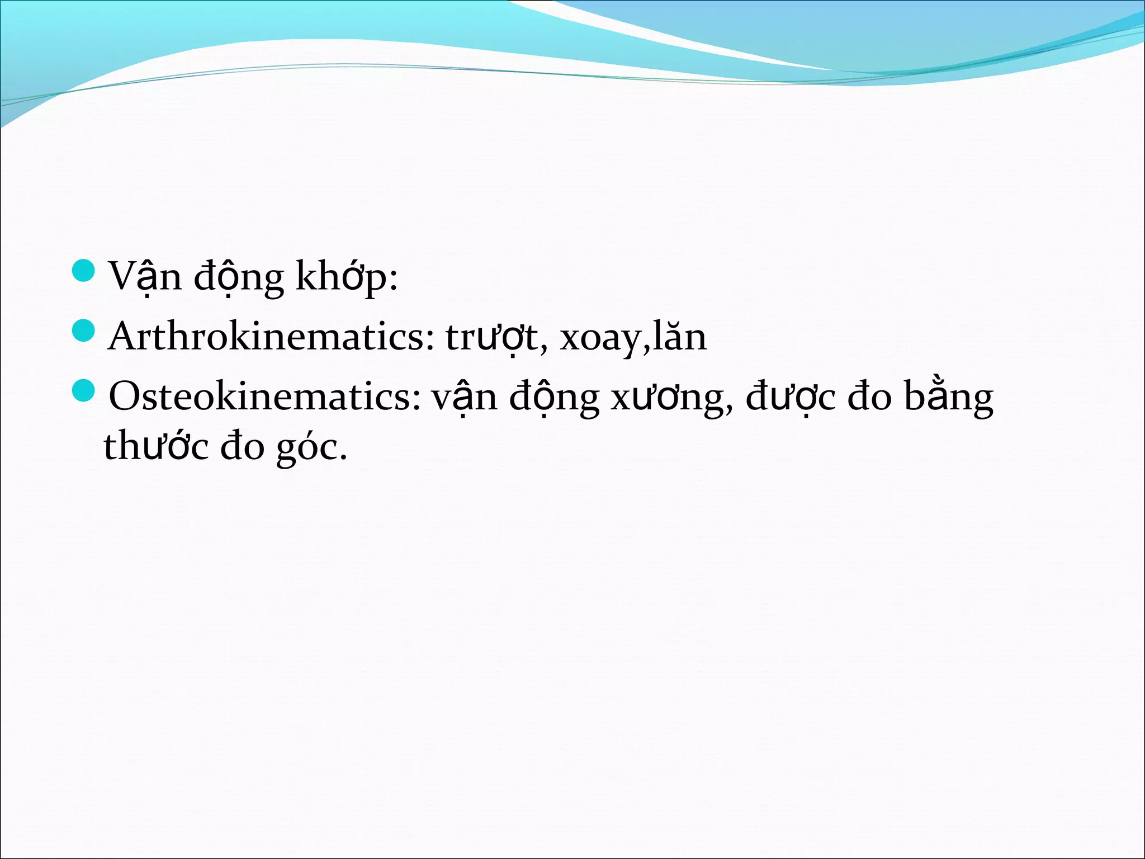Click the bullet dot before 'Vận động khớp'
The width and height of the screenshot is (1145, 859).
pos(85,270)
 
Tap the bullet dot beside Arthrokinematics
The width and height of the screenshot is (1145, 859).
pos(85,330)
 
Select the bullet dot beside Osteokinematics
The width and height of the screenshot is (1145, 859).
pos(85,390)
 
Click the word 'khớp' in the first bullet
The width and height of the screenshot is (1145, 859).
pos(346,277)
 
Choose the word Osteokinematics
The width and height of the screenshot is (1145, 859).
pos(264,397)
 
